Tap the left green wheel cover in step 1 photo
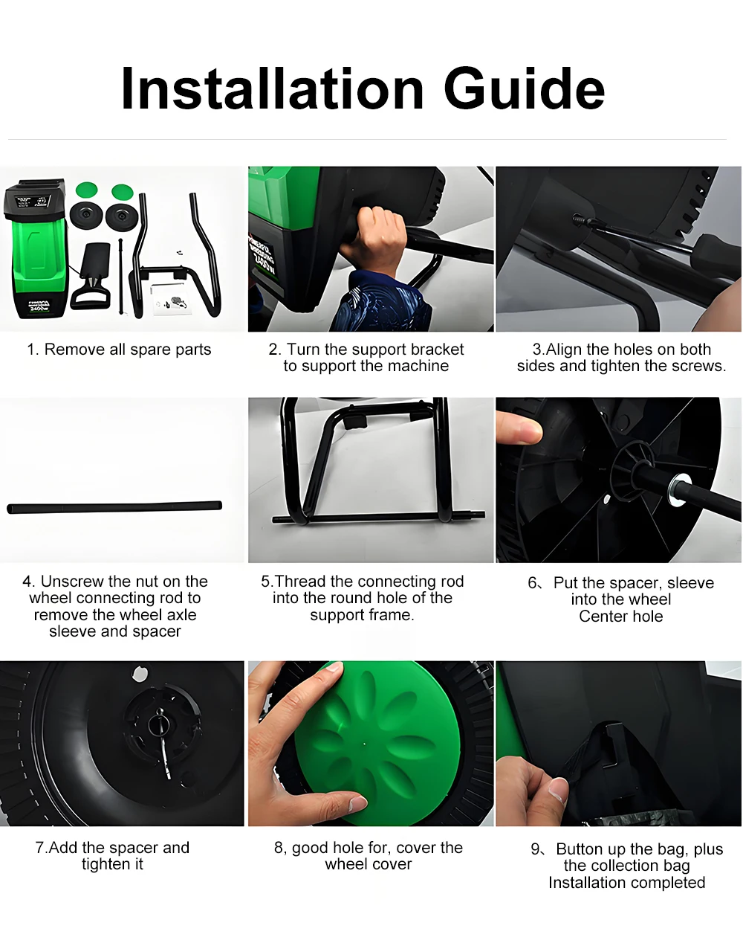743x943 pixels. tap(86, 190)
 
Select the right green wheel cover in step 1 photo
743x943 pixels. tap(122, 191)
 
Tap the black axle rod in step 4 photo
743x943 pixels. tap(114, 507)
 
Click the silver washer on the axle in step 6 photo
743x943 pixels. tap(678, 489)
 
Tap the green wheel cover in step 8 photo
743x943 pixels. tap(377, 742)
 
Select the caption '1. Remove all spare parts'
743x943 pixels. tap(119, 350)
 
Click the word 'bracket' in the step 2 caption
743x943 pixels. tap(437, 350)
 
